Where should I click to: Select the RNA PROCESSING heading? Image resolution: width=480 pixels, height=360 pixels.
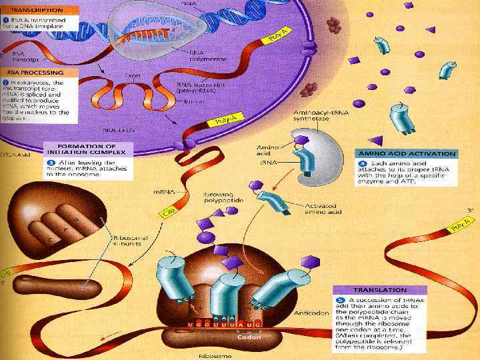point(35,72)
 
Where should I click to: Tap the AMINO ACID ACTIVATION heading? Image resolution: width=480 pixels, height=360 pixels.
point(406,153)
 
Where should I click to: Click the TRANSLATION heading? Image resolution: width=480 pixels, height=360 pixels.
point(379,290)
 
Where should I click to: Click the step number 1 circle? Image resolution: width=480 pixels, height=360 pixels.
point(6,21)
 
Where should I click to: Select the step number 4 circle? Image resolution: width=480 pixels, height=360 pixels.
point(363,164)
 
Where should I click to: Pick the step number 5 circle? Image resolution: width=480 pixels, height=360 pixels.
point(340,300)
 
